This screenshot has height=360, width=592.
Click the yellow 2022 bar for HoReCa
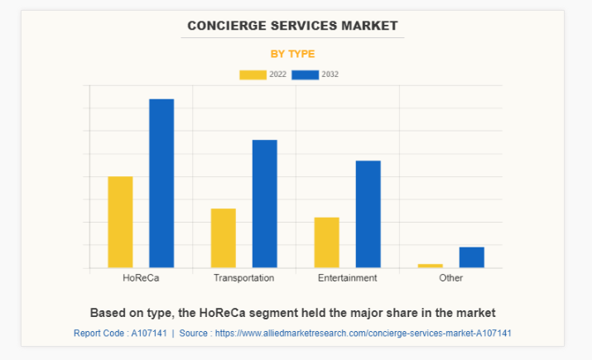[120, 222]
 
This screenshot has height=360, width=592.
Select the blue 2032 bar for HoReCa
[161, 183]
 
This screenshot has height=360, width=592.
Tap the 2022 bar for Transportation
[224, 238]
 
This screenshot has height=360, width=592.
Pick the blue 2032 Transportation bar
[265, 204]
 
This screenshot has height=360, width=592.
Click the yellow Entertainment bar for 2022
[327, 242]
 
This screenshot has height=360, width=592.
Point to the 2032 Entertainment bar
[368, 214]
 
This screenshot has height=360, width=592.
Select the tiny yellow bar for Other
[431, 266]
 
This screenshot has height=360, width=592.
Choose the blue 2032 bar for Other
[472, 257]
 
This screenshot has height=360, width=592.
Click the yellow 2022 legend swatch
[253, 74]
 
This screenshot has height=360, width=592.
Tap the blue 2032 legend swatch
[306, 74]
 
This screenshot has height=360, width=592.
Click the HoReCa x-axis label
[141, 278]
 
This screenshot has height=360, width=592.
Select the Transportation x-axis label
[243, 278]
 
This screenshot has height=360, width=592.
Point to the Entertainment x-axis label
[348, 278]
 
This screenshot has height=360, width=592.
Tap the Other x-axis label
[451, 278]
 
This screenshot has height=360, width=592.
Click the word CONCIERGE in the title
[224, 25]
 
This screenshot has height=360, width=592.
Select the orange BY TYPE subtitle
[292, 54]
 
